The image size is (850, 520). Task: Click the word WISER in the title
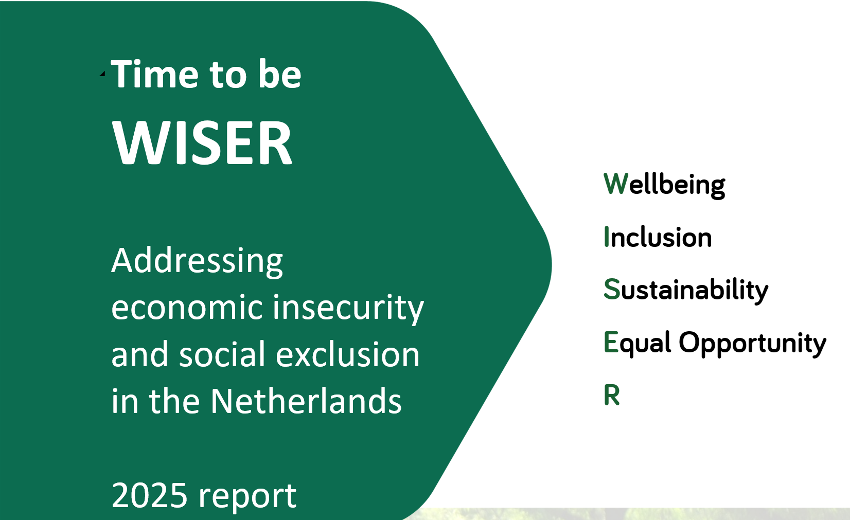(202, 142)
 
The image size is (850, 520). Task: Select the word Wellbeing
(664, 185)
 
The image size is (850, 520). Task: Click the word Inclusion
(658, 237)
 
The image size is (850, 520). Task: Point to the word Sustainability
(686, 291)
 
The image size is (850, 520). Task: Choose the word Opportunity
(752, 344)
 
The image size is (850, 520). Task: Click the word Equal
(637, 344)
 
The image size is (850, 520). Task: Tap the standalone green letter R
(612, 395)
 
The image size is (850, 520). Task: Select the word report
(247, 496)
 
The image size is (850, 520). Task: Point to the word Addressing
(198, 261)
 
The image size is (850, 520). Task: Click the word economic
(187, 308)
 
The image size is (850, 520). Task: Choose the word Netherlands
(306, 401)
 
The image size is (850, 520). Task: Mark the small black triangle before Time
(102, 74)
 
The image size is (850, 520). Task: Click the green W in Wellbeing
(615, 184)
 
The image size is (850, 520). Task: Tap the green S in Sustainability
(611, 289)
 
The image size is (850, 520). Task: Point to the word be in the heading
(280, 74)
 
